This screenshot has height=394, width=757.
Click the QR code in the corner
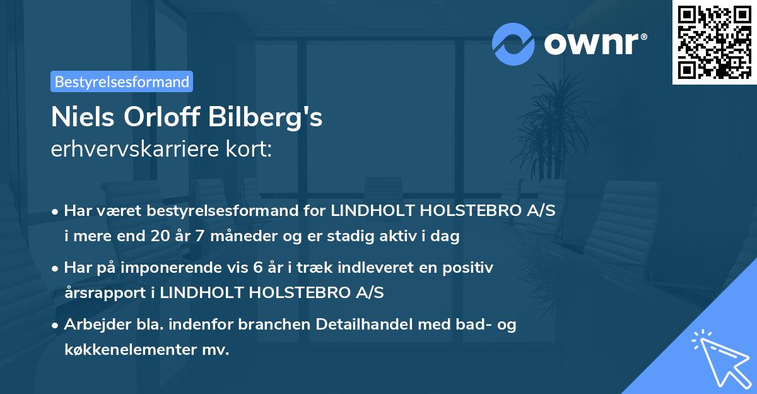click(715, 42)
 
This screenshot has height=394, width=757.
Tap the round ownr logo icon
click(513, 44)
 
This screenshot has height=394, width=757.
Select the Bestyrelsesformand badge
click(122, 81)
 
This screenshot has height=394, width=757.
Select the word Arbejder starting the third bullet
click(93, 325)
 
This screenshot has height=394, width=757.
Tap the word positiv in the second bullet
click(469, 268)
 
